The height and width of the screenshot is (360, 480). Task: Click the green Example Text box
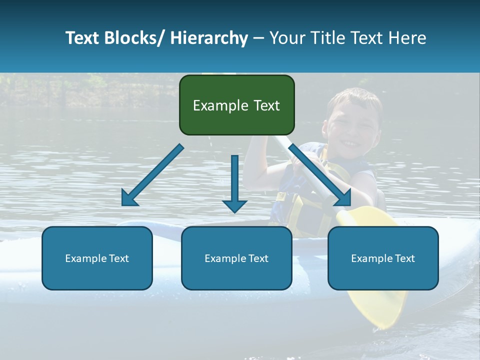(236, 105)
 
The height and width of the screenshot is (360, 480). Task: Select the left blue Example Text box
(97, 258)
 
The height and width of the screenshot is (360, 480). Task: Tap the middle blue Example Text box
(236, 258)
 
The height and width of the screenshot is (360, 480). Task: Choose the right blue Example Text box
(383, 258)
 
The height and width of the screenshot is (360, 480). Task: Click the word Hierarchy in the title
(209, 38)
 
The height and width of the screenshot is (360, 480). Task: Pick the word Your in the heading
(286, 38)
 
